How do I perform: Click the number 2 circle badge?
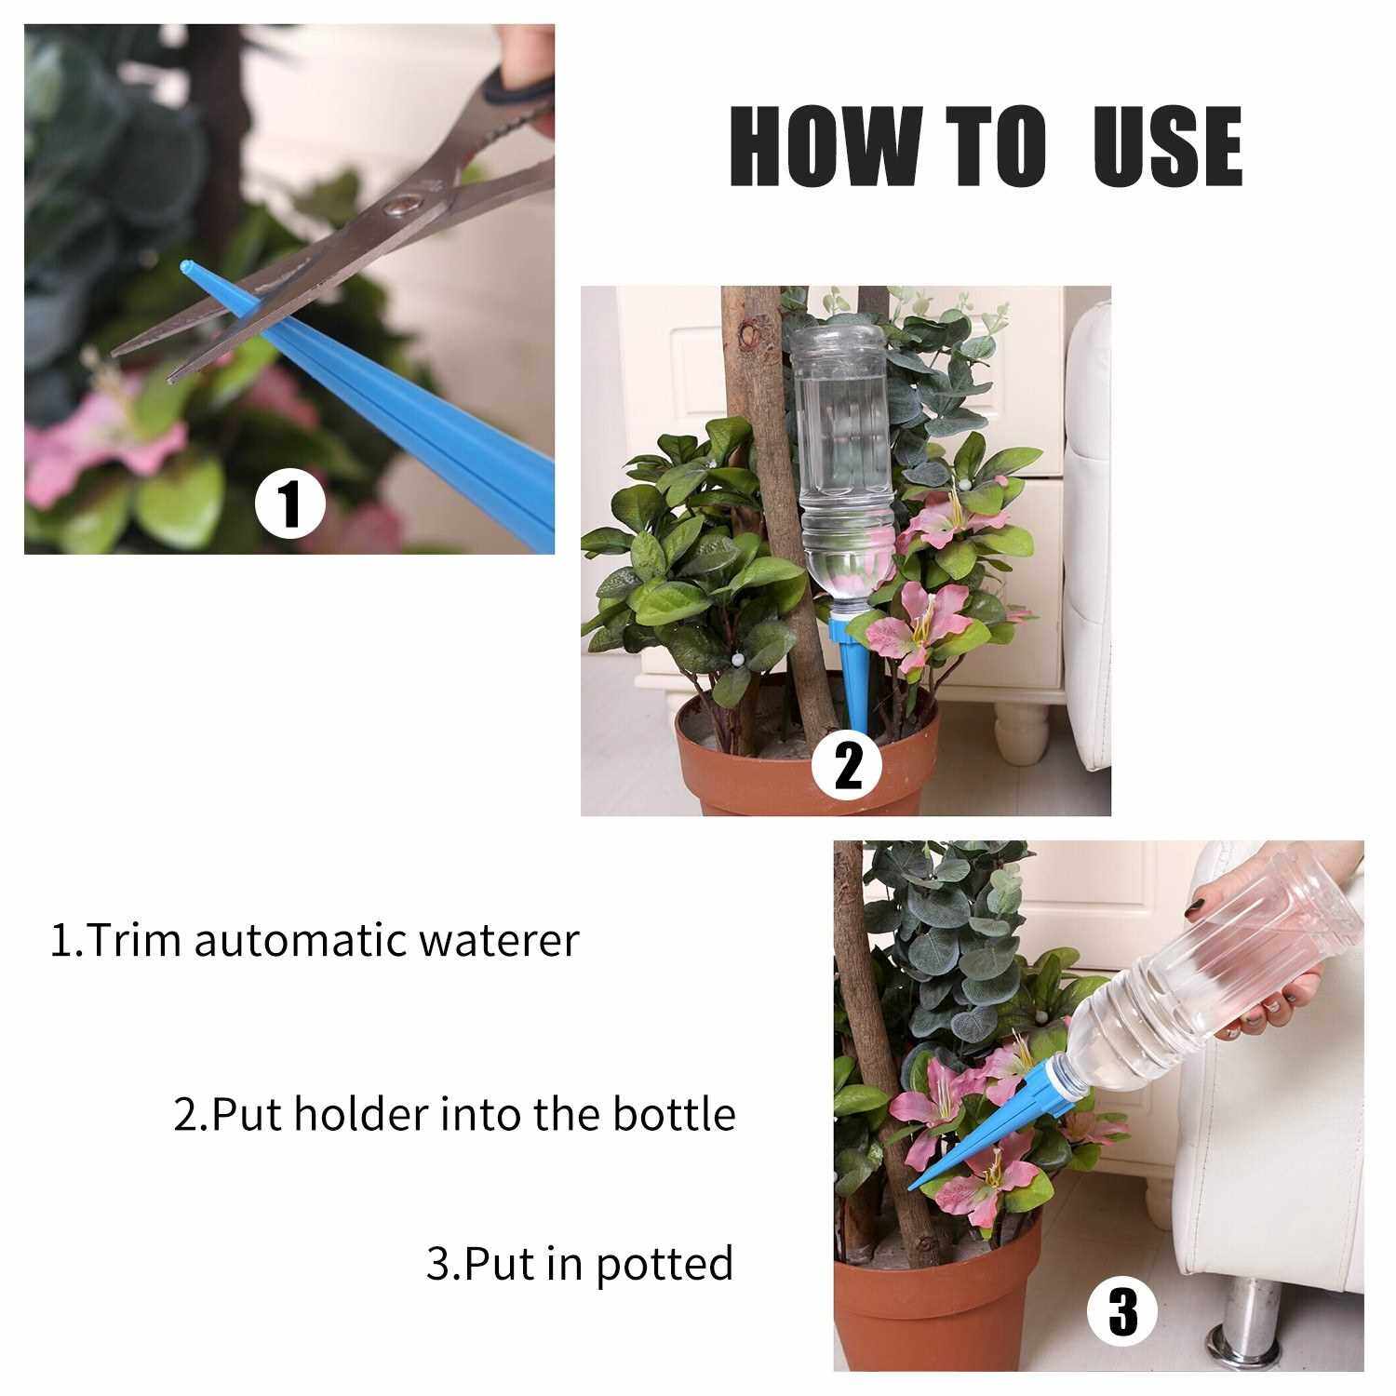(x=847, y=768)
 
